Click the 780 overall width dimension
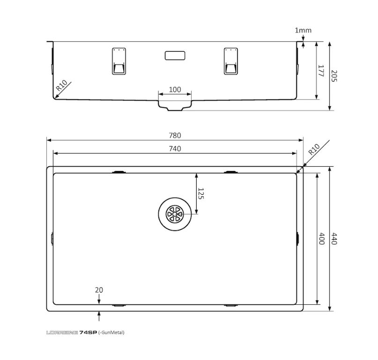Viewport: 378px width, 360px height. point(175,135)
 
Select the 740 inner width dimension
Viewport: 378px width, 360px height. point(175,149)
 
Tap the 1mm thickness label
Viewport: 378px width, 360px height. point(303,30)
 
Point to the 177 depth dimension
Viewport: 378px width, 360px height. point(321,71)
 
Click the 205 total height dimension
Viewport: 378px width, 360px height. point(334,76)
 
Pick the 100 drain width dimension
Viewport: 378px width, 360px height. point(175,89)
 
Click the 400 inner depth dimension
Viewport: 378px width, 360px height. point(322,239)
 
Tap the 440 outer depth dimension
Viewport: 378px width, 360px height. point(334,239)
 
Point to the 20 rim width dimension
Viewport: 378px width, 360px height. point(99,290)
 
